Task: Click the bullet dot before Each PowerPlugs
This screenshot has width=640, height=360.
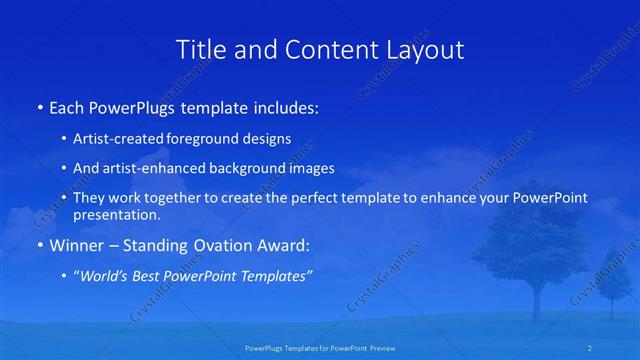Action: coord(39,107)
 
